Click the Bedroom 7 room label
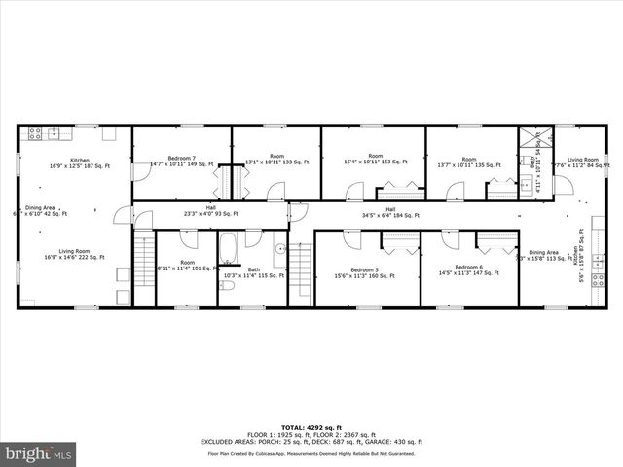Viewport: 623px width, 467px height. pyautogui.click(x=181, y=158)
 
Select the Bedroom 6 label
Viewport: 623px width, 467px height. pyautogui.click(x=468, y=267)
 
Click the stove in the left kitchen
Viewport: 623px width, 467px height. pyautogui.click(x=37, y=132)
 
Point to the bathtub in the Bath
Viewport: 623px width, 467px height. pyautogui.click(x=229, y=249)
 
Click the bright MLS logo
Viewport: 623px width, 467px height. pyautogui.click(x=39, y=453)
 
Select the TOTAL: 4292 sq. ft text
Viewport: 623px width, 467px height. pyautogui.click(x=312, y=427)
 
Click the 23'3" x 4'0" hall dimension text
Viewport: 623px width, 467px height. pyautogui.click(x=210, y=213)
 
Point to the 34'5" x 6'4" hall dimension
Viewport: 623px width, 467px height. pyautogui.click(x=390, y=213)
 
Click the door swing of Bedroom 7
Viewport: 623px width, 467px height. pyautogui.click(x=141, y=170)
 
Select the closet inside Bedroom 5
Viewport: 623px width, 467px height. pyautogui.click(x=400, y=243)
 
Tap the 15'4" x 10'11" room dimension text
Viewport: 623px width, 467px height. pyautogui.click(x=372, y=162)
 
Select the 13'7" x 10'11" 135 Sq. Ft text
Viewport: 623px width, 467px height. pyautogui.click(x=468, y=164)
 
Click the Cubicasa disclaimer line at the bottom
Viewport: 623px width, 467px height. pyautogui.click(x=312, y=454)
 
